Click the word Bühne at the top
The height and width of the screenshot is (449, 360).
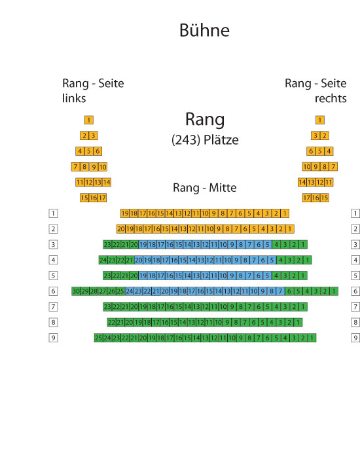(204, 30)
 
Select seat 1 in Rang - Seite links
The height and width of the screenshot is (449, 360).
(89, 120)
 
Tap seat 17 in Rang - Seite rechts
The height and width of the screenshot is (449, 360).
(307, 198)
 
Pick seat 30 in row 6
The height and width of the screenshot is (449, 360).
(76, 291)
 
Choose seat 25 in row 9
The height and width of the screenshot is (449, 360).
(99, 338)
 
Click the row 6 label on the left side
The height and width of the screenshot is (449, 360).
(53, 291)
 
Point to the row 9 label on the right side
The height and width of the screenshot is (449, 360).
(355, 338)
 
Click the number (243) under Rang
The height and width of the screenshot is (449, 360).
(186, 140)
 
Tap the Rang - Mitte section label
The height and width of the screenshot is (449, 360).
(204, 188)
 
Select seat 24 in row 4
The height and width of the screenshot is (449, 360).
(103, 260)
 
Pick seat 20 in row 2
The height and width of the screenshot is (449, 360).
(121, 229)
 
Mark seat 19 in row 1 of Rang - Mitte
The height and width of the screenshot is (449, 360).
(125, 213)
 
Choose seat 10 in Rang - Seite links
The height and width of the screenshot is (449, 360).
(103, 167)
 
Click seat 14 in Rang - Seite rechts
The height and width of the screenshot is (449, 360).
(302, 182)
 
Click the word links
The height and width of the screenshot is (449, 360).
(74, 98)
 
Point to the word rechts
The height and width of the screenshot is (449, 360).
(331, 98)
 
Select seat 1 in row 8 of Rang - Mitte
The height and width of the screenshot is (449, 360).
(298, 323)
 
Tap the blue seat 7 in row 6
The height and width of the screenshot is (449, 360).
(280, 291)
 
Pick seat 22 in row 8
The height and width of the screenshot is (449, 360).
(112, 323)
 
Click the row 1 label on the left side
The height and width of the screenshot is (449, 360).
(53, 213)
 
